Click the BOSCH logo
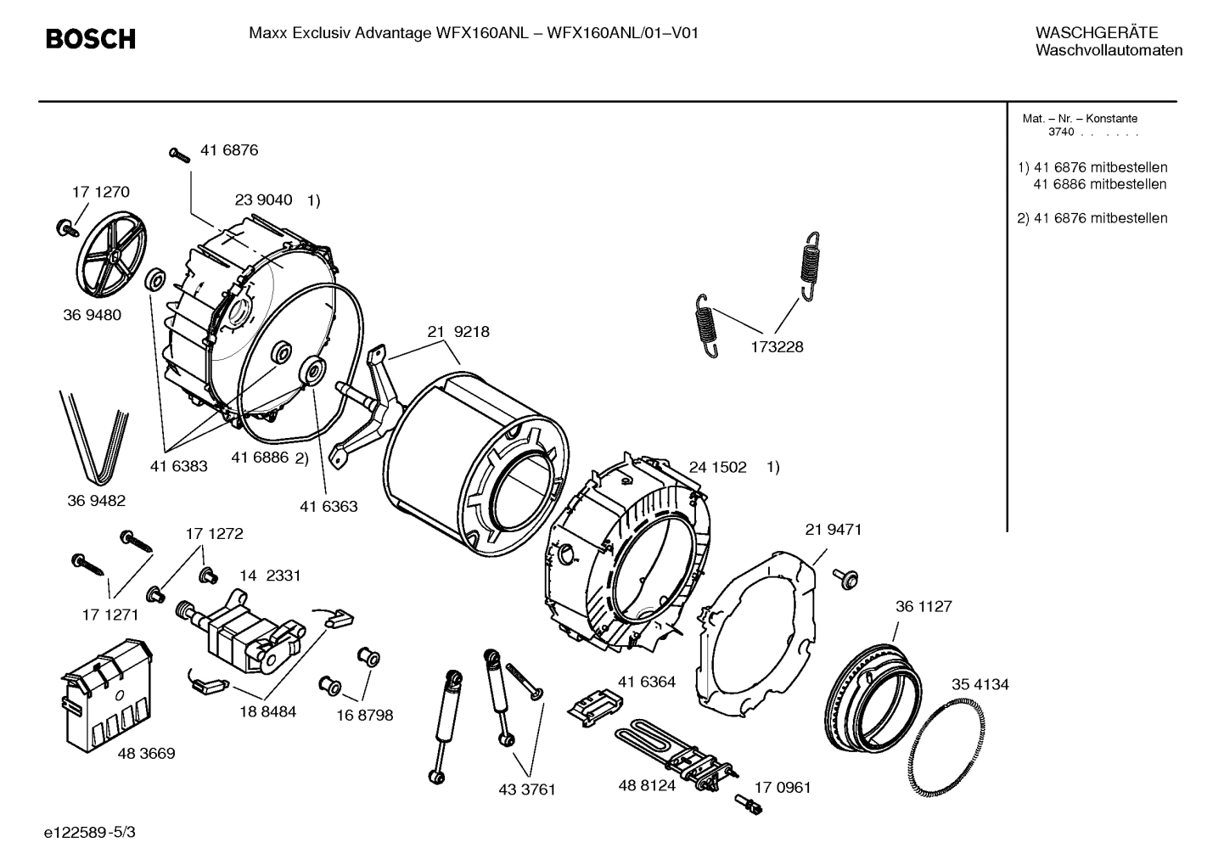tap(90, 39)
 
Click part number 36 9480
tap(92, 315)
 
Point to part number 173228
tap(776, 347)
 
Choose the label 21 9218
tap(458, 332)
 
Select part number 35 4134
tap(980, 684)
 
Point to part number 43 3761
tap(526, 789)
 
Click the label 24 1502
tap(717, 467)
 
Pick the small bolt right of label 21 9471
tap(845, 577)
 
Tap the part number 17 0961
tap(782, 788)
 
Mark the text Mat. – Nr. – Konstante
tap(1080, 119)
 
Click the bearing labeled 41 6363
tap(313, 372)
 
